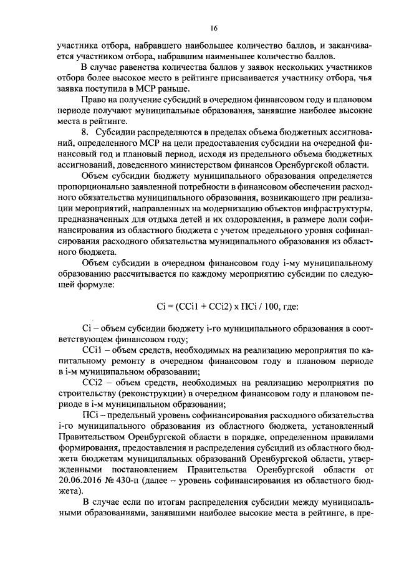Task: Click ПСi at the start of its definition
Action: [90, 414]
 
